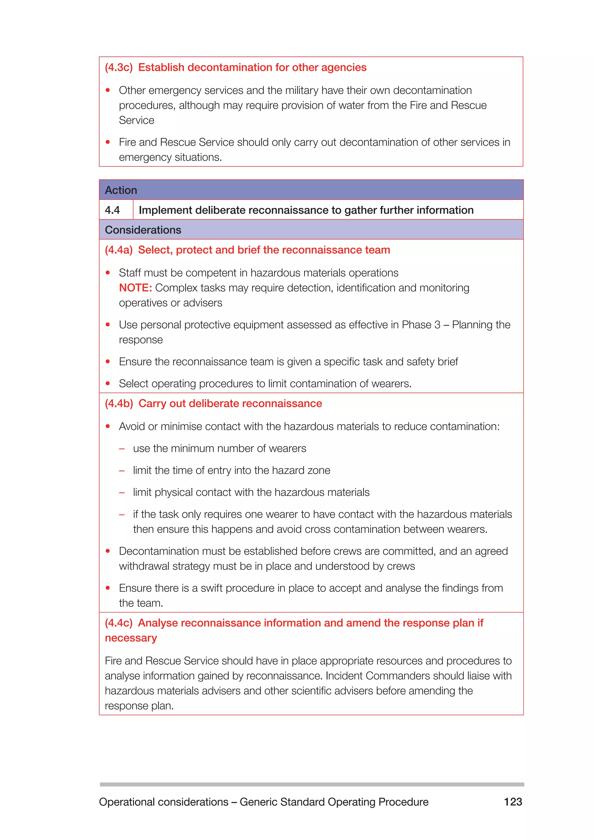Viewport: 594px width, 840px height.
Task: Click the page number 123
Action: point(513,802)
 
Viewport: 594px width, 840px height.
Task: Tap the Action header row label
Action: point(121,190)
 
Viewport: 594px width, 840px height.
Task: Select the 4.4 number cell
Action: point(112,210)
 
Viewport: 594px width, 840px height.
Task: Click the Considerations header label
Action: point(143,230)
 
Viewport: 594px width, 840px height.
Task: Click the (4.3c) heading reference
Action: point(119,67)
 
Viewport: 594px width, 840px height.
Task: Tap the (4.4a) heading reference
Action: point(119,250)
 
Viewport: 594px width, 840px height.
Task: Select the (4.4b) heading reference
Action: point(119,403)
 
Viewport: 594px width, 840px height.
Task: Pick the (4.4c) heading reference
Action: point(119,623)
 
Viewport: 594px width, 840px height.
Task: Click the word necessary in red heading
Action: point(131,638)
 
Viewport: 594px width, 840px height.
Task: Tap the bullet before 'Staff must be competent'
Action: point(108,273)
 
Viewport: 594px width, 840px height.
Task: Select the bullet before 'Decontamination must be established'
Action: point(108,551)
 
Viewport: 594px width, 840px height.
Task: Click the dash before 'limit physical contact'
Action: point(122,493)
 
